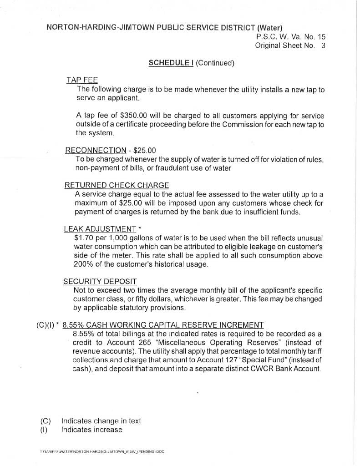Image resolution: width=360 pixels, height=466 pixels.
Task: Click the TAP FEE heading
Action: [82, 80]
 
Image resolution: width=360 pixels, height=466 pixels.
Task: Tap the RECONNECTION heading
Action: [96, 151]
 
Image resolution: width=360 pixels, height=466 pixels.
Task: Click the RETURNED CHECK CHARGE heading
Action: [117, 185]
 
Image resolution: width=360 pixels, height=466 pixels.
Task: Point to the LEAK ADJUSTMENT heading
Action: [100, 229]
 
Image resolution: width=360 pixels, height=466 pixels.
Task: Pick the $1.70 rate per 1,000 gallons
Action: [83, 238]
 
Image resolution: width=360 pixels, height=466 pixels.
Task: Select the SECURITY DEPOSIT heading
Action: [100, 282]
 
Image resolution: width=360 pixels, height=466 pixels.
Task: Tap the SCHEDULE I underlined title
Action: [171, 63]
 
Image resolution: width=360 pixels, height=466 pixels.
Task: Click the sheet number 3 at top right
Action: [323, 46]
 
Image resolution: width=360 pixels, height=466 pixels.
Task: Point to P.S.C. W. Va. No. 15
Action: [291, 37]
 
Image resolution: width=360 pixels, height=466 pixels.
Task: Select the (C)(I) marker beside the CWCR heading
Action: [45, 325]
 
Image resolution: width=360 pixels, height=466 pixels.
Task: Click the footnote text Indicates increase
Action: [92, 430]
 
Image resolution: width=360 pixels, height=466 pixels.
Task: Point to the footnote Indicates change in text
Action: [101, 421]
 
